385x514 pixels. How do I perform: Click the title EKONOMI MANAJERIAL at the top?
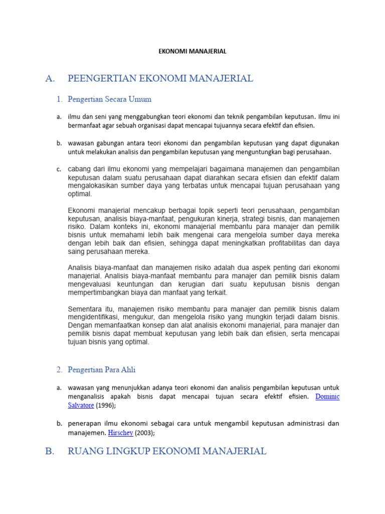point(193,51)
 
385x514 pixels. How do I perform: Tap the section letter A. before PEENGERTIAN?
point(49,78)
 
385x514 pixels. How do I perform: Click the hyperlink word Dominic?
point(327,397)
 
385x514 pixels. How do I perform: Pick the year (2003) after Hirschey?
point(144,433)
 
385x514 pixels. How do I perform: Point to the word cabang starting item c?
point(79,169)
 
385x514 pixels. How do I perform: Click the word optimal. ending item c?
point(80,194)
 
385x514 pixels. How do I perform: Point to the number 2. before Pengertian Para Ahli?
point(59,370)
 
